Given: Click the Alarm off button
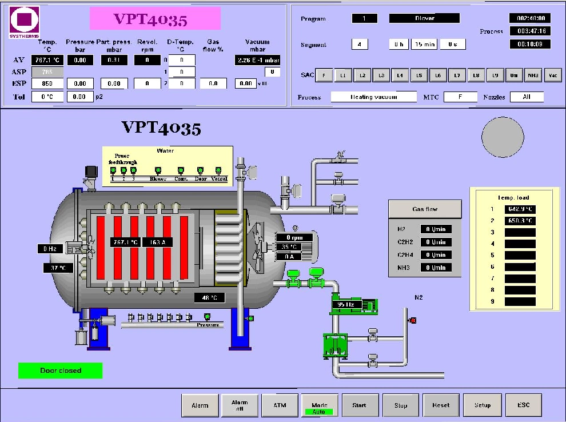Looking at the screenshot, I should (x=240, y=405).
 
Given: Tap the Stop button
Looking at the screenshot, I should (x=401, y=405).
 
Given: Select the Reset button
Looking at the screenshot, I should (x=441, y=405).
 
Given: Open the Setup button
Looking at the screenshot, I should (x=482, y=405).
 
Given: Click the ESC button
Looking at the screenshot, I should (x=523, y=405).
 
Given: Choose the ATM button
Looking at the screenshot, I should (x=280, y=405).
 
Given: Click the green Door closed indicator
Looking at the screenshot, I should (x=61, y=371).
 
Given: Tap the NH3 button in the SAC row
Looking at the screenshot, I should (x=533, y=75).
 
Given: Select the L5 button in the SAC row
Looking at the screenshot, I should (x=419, y=75).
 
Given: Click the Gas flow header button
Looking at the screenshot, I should (x=425, y=209).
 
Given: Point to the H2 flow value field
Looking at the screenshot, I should (x=436, y=229).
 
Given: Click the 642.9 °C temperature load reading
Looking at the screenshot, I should (x=520, y=209).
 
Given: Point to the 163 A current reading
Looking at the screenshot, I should (x=157, y=242).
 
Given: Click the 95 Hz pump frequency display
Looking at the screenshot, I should (x=346, y=305).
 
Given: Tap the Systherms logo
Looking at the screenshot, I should (x=25, y=22).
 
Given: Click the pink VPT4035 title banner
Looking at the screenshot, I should (x=155, y=19).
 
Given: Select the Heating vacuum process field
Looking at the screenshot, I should (x=374, y=97).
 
